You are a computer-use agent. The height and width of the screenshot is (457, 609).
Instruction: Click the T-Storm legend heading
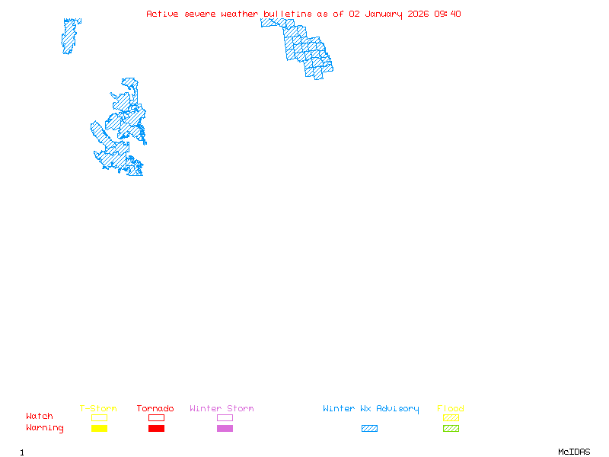pyautogui.click(x=98, y=409)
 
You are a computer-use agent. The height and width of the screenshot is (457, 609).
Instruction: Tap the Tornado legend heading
pyautogui.click(x=155, y=409)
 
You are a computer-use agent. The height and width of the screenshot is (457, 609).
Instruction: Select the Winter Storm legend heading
pyautogui.click(x=222, y=409)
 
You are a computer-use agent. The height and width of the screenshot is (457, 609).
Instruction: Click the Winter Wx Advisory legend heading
pyautogui.click(x=371, y=409)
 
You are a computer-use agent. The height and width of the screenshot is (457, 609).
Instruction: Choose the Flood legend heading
pyautogui.click(x=451, y=409)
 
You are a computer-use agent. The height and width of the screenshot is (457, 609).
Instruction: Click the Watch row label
pyautogui.click(x=40, y=417)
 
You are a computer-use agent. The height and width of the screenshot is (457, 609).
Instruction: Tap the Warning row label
pyautogui.click(x=45, y=428)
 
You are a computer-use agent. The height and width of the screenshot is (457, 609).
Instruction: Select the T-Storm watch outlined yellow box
pyautogui.click(x=99, y=417)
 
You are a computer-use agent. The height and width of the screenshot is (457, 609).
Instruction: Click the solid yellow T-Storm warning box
pyautogui.click(x=99, y=429)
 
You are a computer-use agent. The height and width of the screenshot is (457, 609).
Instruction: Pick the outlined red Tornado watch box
pyautogui.click(x=156, y=417)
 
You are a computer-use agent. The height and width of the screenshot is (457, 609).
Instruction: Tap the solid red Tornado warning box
pyautogui.click(x=156, y=429)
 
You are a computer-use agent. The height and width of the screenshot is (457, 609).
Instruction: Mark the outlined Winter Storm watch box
pyautogui.click(x=225, y=417)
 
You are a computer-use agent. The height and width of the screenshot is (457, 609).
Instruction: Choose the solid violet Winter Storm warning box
pyautogui.click(x=225, y=429)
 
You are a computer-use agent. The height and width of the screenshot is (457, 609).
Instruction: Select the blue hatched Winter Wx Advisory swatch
pyautogui.click(x=369, y=429)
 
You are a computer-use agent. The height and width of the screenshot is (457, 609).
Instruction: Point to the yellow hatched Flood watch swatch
pyautogui.click(x=451, y=417)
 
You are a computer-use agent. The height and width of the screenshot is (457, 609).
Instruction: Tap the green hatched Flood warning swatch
pyautogui.click(x=451, y=429)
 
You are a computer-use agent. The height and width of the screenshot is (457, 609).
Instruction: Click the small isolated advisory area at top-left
pyautogui.click(x=70, y=36)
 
